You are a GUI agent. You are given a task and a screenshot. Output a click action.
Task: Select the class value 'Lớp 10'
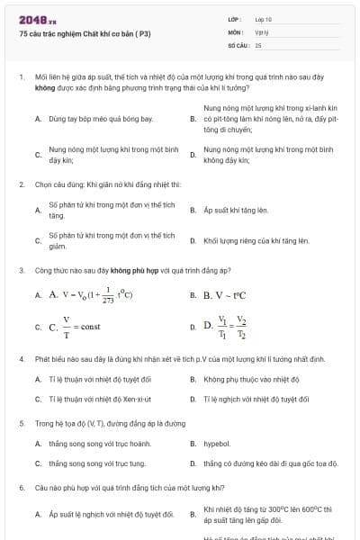(264, 19)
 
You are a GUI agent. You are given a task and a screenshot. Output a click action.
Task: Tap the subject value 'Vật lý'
(262, 31)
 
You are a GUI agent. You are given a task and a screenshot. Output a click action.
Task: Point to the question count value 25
(258, 44)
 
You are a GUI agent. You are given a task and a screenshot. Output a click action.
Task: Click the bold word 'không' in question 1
(45, 89)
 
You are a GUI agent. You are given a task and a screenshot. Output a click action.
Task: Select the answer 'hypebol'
(217, 444)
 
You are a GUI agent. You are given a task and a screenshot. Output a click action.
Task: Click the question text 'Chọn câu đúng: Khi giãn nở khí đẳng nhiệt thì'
(108, 184)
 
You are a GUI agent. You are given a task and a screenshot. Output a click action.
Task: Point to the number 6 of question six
(21, 488)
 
